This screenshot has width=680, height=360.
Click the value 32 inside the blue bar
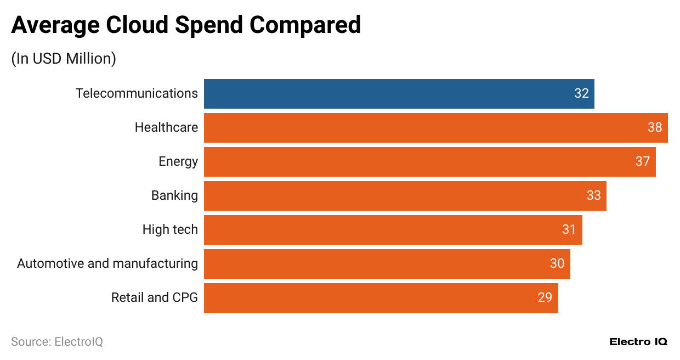[x=581, y=94]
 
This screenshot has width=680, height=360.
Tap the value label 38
[x=655, y=128]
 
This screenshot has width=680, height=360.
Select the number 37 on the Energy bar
[x=643, y=162]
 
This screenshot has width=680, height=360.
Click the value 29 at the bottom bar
[x=545, y=298]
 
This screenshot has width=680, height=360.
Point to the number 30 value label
[x=557, y=264]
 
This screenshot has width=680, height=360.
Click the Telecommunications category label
[x=137, y=94]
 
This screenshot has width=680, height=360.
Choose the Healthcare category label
[x=166, y=128]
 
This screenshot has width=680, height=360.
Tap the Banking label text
[x=174, y=196]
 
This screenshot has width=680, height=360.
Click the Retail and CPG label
[x=154, y=298]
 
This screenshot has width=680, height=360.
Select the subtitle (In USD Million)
[x=64, y=59]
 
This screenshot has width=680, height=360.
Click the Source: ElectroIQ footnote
[x=57, y=342]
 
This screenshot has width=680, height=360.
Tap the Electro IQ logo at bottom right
[x=638, y=342]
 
